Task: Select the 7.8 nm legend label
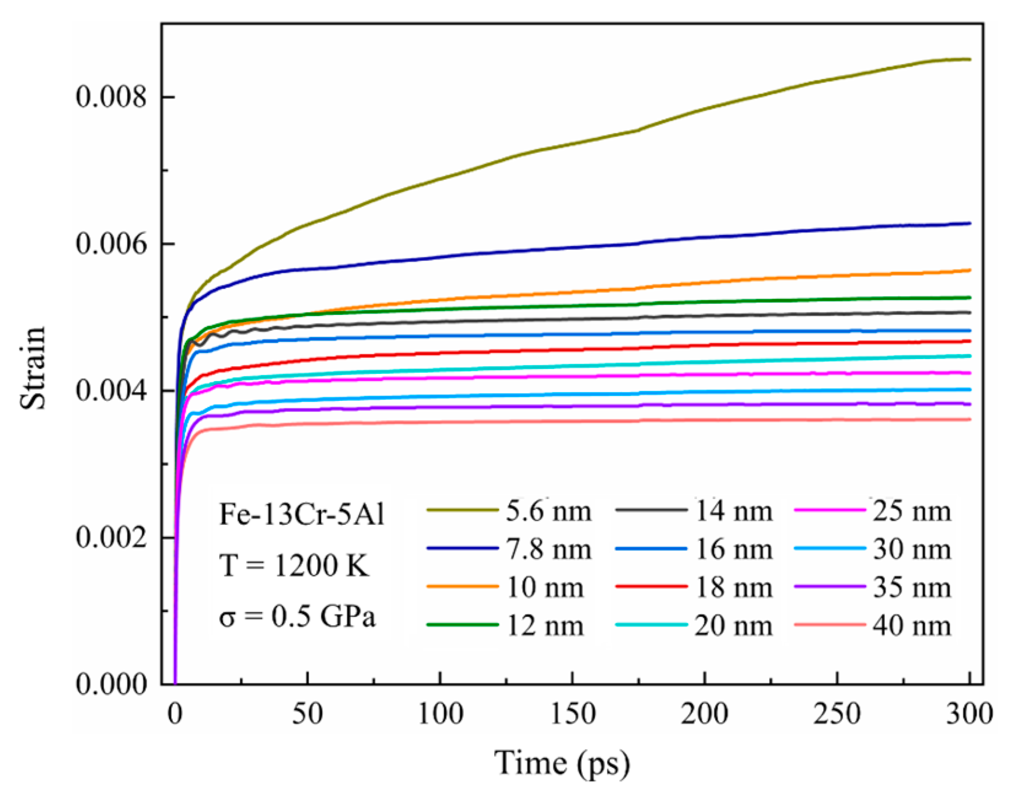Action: [548, 549]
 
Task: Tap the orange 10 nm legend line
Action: [462, 587]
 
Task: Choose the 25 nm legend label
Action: [911, 511]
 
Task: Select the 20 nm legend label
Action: [733, 626]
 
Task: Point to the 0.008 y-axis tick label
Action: [112, 97]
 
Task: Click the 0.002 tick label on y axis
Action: [112, 537]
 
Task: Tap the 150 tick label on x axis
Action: [572, 714]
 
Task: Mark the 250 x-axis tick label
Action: [837, 714]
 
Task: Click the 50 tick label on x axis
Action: [307, 714]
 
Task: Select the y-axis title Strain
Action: [33, 367]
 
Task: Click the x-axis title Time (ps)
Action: [562, 763]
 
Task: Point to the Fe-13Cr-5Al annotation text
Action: [301, 514]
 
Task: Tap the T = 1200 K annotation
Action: [295, 565]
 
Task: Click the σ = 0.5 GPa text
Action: [297, 616]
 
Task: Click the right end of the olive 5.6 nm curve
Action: [969, 60]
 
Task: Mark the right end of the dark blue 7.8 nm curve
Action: [969, 223]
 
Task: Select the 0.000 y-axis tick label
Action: [112, 684]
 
